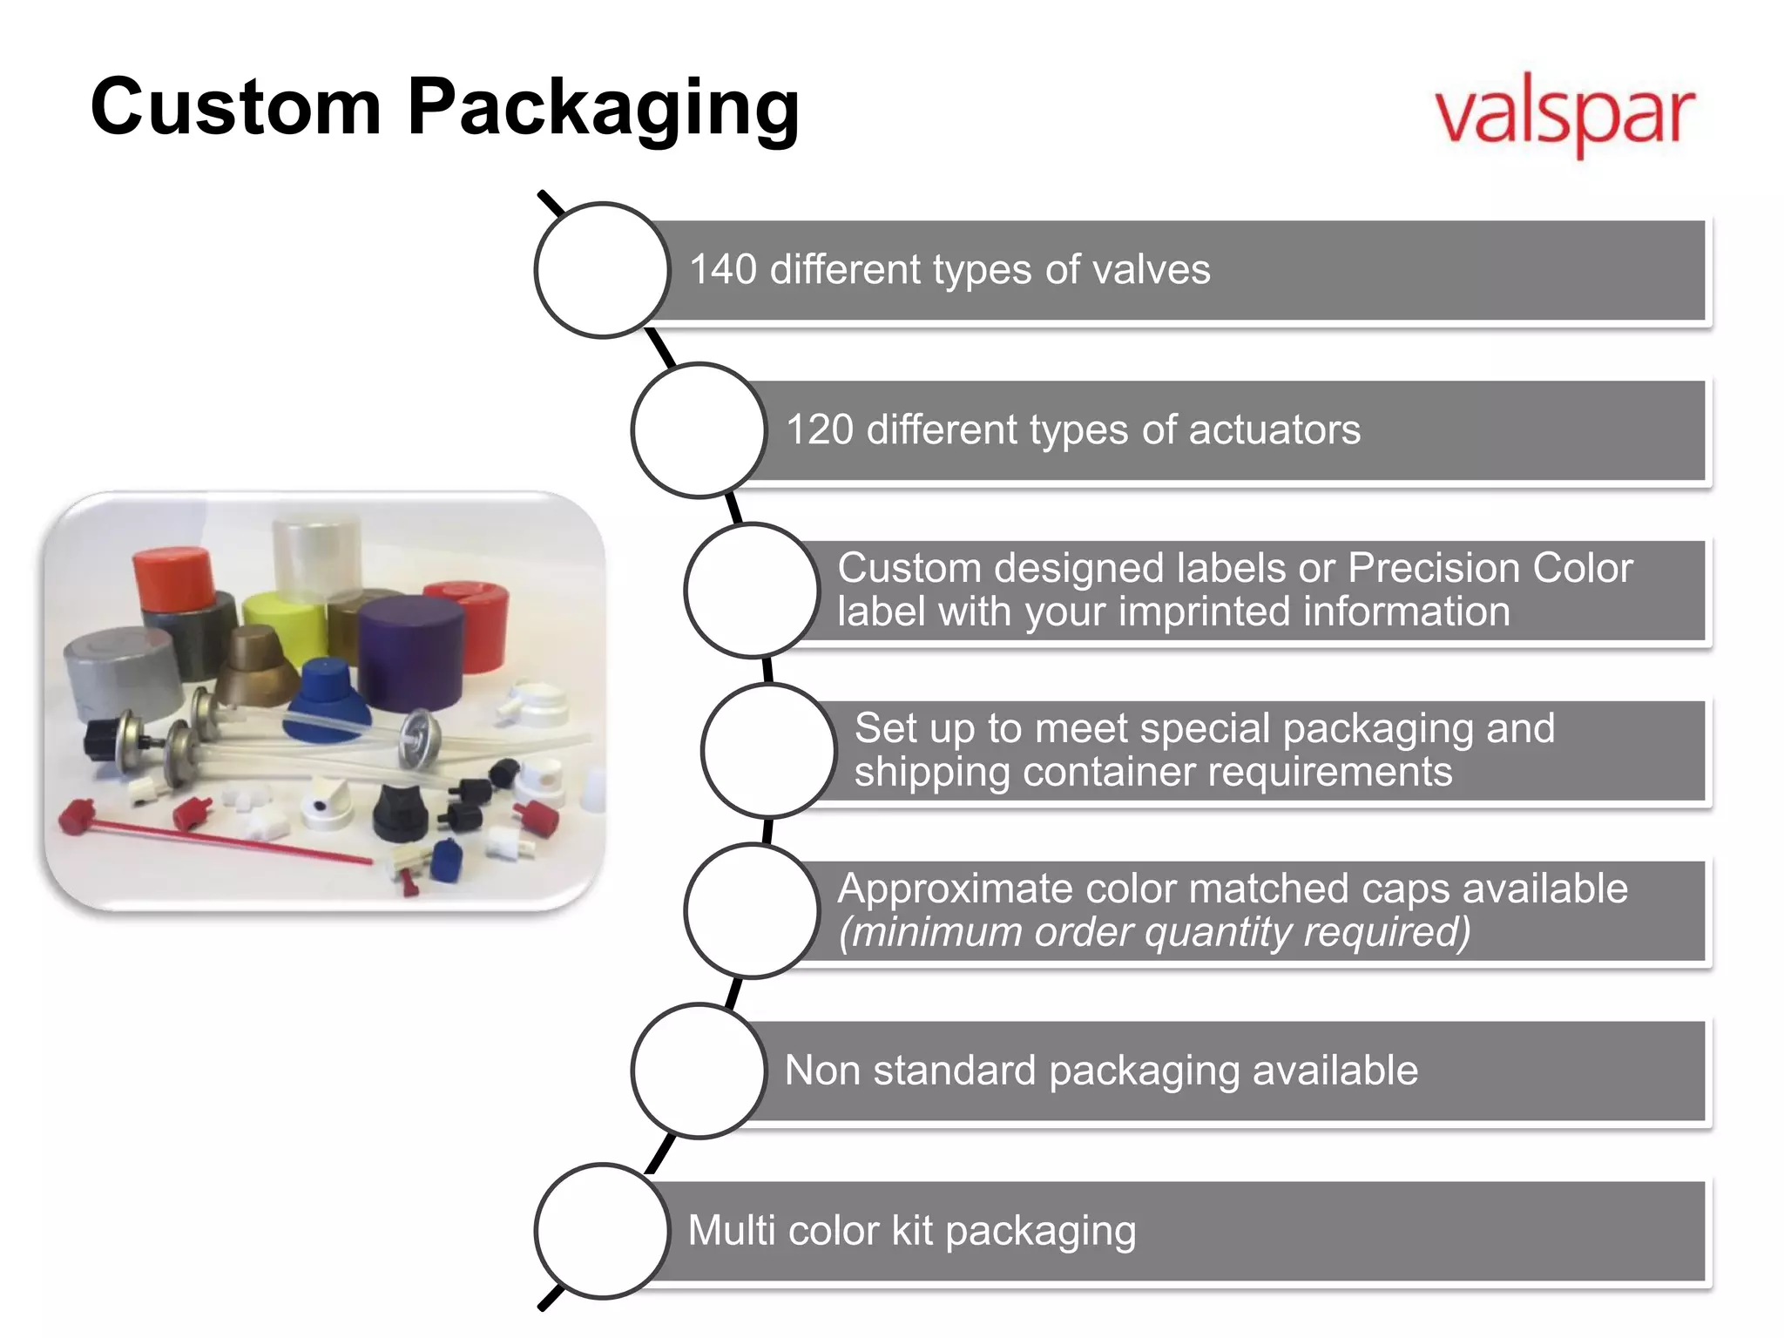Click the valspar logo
pyautogui.click(x=1564, y=115)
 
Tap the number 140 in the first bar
pyautogui.click(x=722, y=270)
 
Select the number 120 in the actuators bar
pyautogui.click(x=819, y=430)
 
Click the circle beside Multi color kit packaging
pyautogui.click(x=602, y=1231)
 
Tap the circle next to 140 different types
pyautogui.click(x=602, y=270)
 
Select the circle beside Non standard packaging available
pyautogui.click(x=699, y=1071)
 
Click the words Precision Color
pyautogui.click(x=1490, y=569)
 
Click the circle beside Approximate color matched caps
pyautogui.click(x=752, y=910)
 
